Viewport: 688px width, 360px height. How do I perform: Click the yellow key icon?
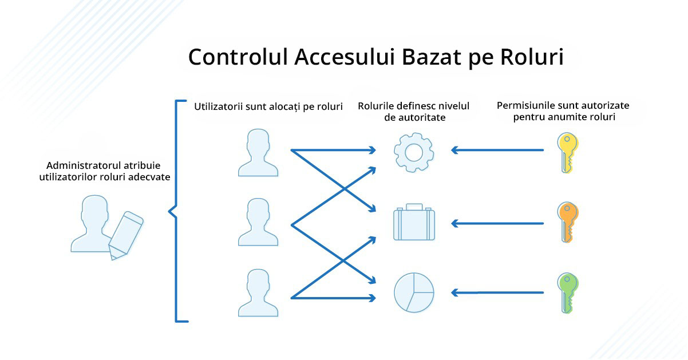568,153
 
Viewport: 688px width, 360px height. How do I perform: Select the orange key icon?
568,222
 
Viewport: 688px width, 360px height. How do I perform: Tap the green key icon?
568,293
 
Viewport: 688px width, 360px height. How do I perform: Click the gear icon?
414,152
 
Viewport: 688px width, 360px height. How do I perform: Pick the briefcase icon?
414,221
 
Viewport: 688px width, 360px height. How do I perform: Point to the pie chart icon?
414,292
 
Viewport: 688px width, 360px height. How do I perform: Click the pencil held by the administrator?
126,236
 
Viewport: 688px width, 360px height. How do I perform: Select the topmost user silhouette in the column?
258,153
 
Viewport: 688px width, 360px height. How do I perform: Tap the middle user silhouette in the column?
258,222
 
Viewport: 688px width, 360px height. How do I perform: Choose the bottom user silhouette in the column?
258,292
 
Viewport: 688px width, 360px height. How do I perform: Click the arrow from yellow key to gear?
497,150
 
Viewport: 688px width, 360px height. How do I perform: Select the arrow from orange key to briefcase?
497,223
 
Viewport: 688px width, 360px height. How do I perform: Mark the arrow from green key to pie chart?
497,292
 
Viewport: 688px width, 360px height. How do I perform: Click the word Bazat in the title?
432,57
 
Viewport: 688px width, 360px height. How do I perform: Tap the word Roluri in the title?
532,57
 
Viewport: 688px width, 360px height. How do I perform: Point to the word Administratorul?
84,165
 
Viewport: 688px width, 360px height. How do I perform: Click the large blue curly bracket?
176,211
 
